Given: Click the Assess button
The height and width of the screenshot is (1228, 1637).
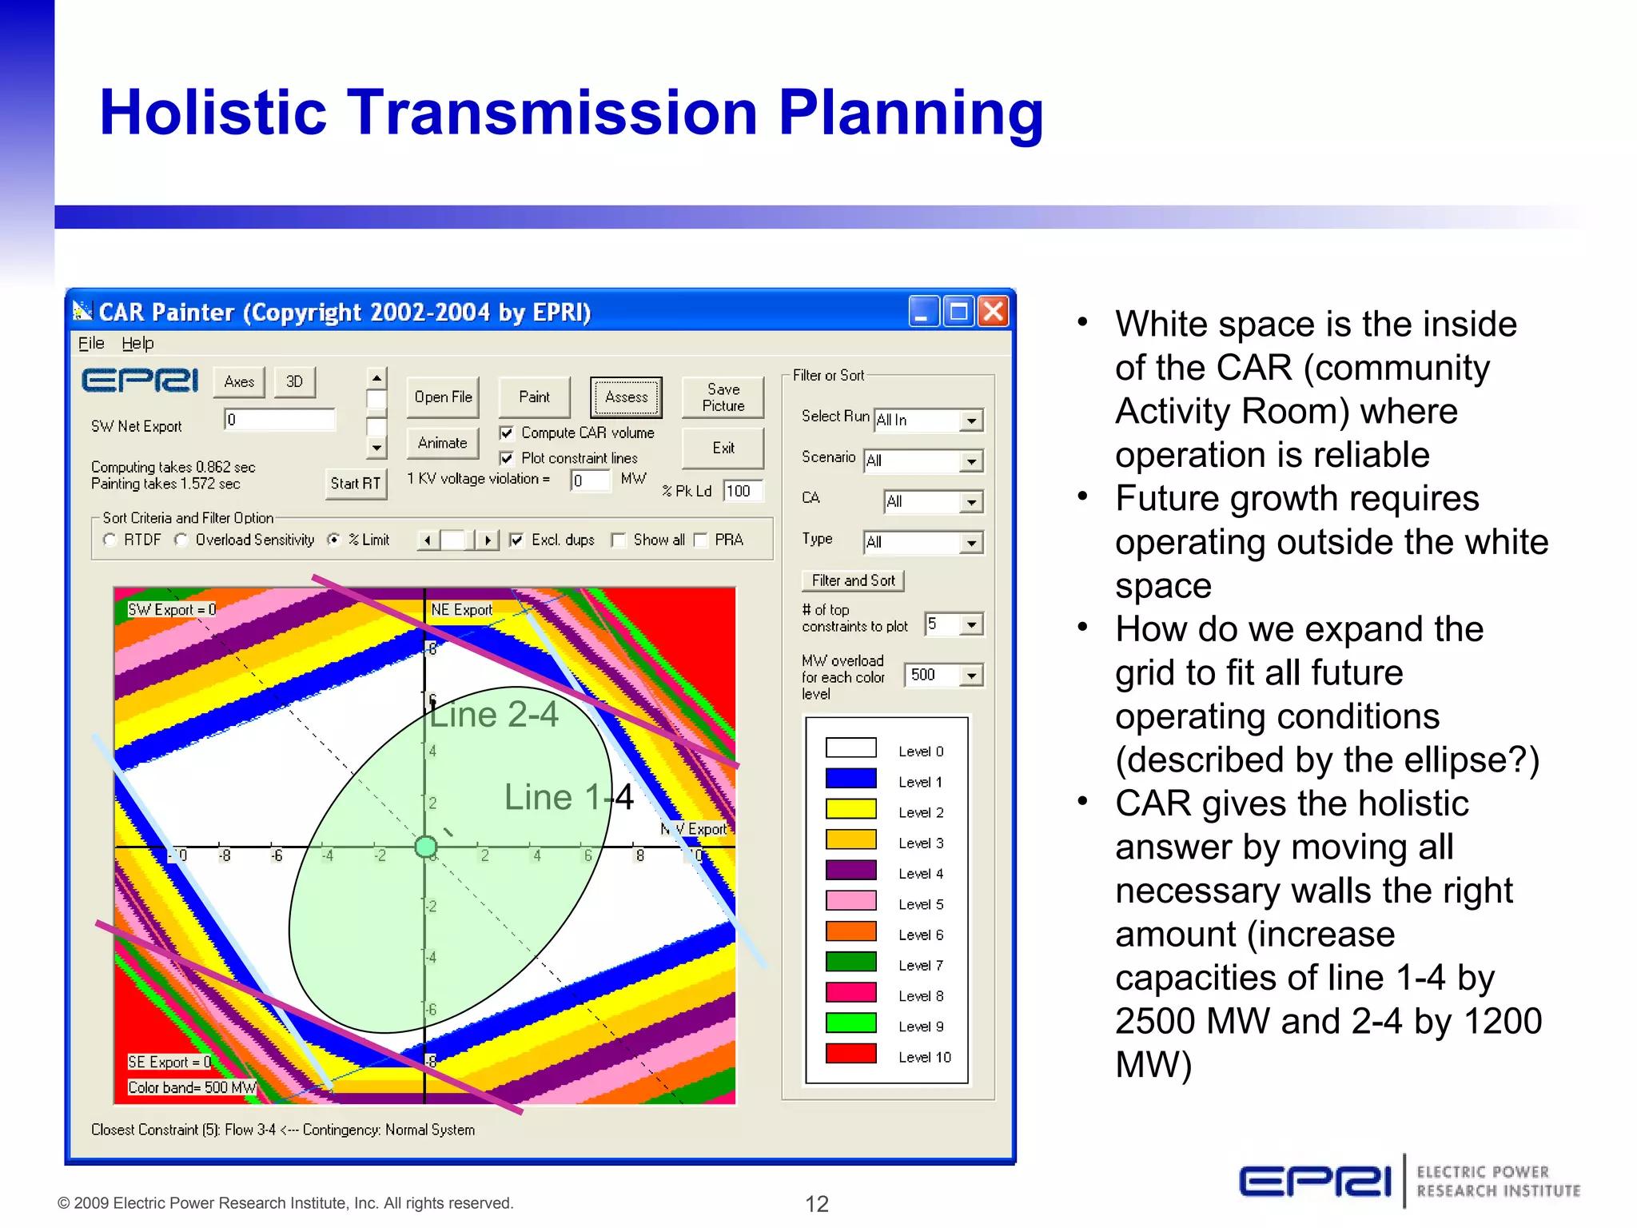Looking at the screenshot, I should (626, 397).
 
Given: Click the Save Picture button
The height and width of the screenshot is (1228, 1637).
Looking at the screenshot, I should (723, 397).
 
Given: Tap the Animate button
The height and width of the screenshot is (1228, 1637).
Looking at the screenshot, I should (442, 443).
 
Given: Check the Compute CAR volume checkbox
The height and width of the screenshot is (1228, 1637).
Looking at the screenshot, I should (506, 433).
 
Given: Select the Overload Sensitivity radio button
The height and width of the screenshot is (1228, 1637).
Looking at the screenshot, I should (181, 540).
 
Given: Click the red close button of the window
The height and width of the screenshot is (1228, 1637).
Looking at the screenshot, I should (994, 311).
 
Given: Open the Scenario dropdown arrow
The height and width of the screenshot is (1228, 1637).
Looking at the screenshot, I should (970, 461).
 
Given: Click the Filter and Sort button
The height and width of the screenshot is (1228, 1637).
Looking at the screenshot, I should (853, 580).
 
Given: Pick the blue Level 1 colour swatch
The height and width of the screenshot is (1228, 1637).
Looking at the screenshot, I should (850, 779).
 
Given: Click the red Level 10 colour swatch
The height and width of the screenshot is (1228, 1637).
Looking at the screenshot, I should (850, 1054).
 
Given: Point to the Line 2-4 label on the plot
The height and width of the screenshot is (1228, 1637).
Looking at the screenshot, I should (494, 715).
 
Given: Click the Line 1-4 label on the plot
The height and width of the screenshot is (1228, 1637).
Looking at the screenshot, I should (568, 797).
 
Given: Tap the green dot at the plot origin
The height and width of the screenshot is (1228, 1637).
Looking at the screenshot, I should (426, 846).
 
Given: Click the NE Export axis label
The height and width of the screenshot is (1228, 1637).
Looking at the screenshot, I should (461, 610).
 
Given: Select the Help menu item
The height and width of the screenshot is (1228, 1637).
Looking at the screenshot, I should (137, 343).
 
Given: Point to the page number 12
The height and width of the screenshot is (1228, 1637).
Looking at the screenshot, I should (816, 1203).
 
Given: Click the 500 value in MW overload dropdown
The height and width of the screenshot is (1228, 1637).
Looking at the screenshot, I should (923, 675).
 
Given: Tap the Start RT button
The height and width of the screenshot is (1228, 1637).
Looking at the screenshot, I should (356, 483).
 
